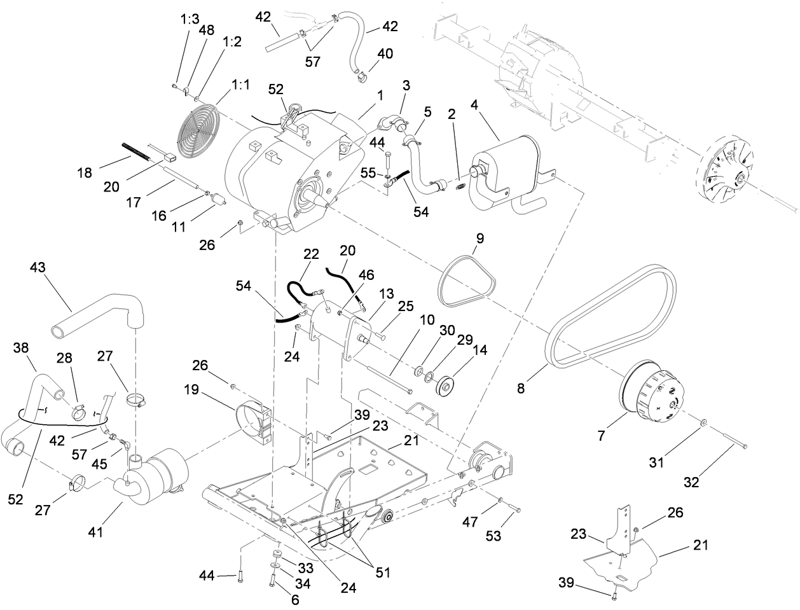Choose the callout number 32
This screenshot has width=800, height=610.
tap(691, 482)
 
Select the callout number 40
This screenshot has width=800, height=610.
tap(385, 53)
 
